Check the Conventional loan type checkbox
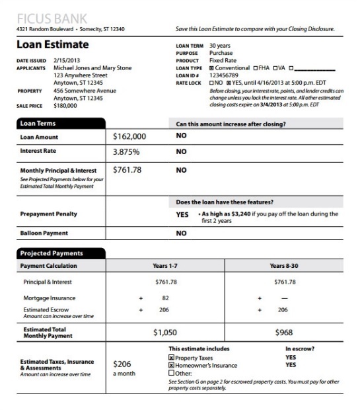[211, 67]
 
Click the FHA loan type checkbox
[255, 67]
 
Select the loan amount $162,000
[129, 137]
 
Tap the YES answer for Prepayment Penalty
[182, 215]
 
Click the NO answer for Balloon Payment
[181, 233]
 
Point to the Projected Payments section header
[60, 253]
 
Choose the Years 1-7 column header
[165, 266]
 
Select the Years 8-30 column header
[285, 266]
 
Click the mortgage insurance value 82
[166, 298]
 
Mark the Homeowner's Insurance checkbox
[171, 365]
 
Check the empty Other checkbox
[171, 372]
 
